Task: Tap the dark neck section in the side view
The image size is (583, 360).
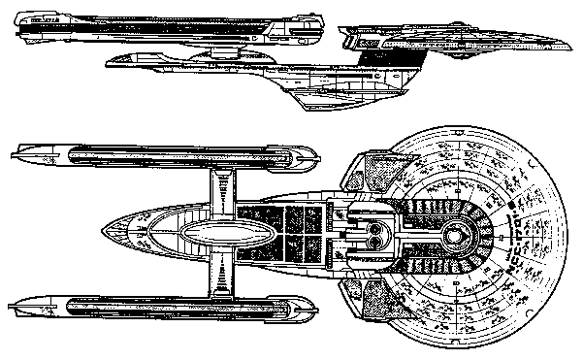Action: coord(374,58)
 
